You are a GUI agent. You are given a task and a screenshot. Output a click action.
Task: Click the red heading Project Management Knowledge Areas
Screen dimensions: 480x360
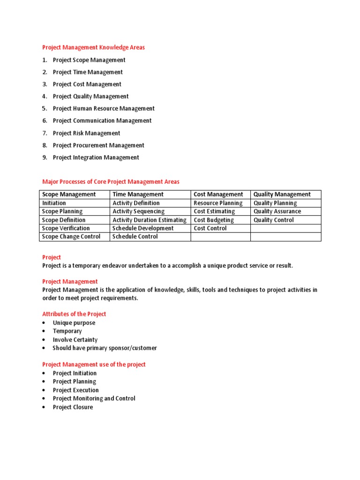(x=94, y=47)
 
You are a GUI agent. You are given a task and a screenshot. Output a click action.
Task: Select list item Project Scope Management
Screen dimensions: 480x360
(x=89, y=60)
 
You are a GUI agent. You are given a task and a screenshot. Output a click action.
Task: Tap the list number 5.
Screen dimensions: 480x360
(x=45, y=109)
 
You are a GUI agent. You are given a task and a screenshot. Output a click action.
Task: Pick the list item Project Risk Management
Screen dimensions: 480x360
(x=86, y=133)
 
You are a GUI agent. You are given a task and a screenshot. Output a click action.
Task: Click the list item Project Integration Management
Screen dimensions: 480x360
(x=96, y=157)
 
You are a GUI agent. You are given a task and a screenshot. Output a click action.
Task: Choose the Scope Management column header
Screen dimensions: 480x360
(x=69, y=195)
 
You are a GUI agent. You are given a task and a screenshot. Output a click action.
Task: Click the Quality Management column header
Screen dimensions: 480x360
(x=282, y=195)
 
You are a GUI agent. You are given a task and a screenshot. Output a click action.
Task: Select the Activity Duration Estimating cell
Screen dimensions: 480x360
(x=149, y=220)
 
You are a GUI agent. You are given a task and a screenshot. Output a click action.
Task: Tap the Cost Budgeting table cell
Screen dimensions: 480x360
(x=214, y=220)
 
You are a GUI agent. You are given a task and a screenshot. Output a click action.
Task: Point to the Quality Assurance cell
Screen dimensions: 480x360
(x=277, y=211)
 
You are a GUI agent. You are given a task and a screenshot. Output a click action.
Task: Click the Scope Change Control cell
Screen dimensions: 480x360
(x=71, y=237)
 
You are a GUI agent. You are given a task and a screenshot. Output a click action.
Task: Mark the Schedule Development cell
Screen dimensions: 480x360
(x=143, y=228)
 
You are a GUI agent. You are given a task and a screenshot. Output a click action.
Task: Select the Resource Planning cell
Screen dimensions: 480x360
(x=218, y=203)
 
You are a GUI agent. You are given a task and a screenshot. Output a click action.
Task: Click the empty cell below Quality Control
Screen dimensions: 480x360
(x=285, y=228)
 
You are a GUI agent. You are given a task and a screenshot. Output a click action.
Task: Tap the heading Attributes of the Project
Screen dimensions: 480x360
(x=74, y=314)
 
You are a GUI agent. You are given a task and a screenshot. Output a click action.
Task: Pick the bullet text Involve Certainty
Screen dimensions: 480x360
(x=75, y=340)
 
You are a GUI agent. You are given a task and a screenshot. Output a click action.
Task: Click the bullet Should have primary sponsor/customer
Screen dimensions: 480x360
(x=105, y=348)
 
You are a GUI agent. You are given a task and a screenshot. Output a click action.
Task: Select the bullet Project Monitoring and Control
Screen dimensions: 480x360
(x=94, y=398)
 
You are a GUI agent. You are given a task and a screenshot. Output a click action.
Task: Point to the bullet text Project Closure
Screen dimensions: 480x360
(x=73, y=407)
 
